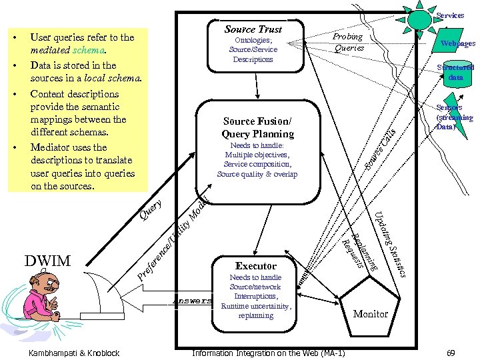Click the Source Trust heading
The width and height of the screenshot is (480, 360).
click(x=253, y=29)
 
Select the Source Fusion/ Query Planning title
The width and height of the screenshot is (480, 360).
click(x=258, y=127)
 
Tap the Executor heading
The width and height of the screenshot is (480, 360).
click(x=255, y=266)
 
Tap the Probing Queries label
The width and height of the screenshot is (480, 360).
click(x=349, y=42)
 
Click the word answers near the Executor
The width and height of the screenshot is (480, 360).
click(x=191, y=301)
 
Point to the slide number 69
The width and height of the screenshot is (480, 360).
click(x=450, y=351)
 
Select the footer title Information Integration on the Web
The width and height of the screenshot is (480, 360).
click(x=268, y=351)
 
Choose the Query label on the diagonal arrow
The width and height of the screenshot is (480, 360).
click(x=150, y=209)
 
